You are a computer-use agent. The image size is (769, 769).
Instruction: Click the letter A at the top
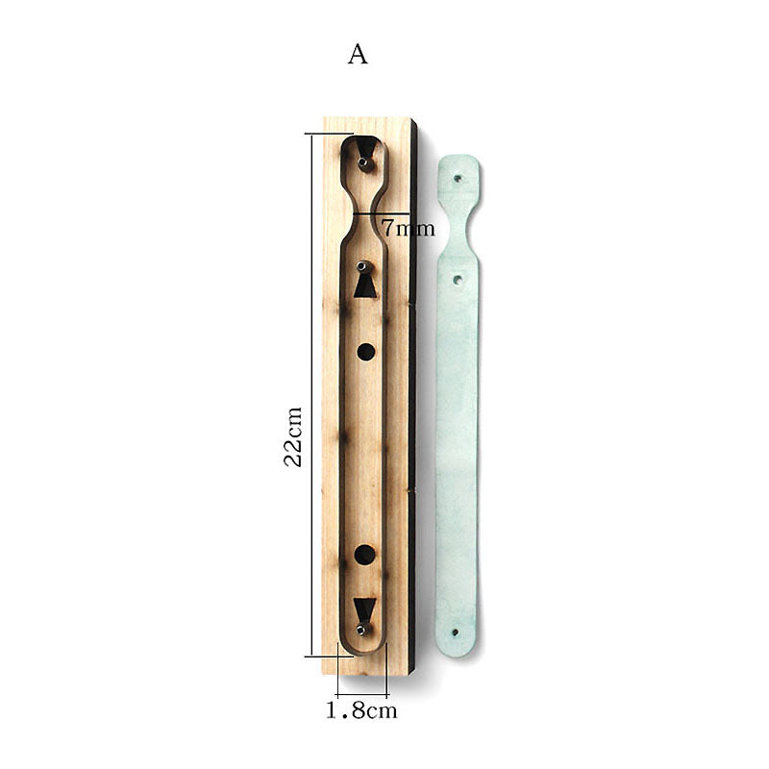(358, 54)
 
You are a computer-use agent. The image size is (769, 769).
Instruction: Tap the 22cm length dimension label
(293, 436)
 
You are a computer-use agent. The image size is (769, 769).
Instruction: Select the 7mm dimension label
(408, 228)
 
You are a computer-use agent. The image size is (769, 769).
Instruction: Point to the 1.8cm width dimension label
(362, 710)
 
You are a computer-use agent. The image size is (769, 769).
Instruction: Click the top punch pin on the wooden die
(363, 161)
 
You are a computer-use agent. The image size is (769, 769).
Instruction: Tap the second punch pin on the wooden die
(361, 266)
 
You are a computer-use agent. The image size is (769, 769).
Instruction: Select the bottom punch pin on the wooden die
(361, 630)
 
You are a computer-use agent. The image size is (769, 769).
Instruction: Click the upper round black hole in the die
(366, 352)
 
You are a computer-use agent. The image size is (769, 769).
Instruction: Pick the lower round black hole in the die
(364, 555)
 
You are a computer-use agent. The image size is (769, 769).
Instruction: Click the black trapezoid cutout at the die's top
(365, 147)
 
